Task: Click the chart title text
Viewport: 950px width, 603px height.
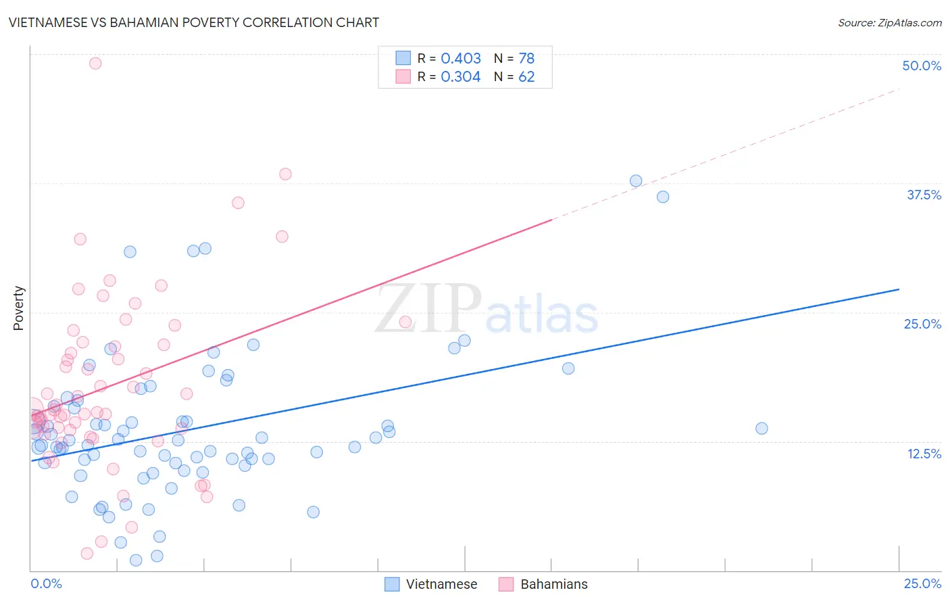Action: (194, 22)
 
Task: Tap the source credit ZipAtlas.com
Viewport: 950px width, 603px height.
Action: (889, 22)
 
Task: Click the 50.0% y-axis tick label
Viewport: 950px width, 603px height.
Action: (922, 66)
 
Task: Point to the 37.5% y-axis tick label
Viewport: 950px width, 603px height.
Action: (924, 195)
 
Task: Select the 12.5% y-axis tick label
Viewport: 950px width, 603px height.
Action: (924, 454)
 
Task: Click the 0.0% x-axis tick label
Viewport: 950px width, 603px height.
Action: (46, 583)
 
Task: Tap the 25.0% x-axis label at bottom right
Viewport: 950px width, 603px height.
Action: (922, 583)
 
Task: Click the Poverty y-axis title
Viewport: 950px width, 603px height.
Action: (18, 308)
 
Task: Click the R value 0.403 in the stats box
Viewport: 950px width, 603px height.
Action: (461, 59)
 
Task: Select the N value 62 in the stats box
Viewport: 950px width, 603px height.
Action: (526, 77)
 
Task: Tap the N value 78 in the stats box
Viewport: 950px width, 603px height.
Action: (526, 59)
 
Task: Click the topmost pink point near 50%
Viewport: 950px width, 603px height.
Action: (95, 64)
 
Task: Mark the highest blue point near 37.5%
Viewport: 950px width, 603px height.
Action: (636, 181)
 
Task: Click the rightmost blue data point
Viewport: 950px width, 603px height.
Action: (761, 428)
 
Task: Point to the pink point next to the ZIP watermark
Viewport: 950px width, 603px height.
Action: (405, 322)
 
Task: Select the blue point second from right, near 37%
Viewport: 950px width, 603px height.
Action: (663, 197)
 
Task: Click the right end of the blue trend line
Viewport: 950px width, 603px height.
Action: (899, 289)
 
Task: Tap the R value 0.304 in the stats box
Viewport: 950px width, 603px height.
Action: (461, 77)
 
